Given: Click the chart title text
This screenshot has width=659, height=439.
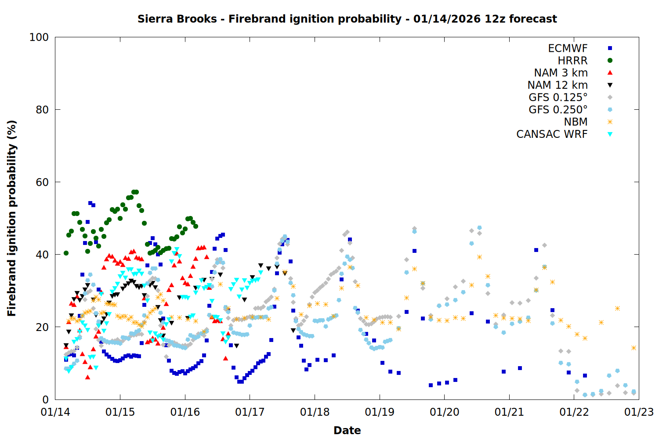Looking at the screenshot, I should click(x=347, y=19).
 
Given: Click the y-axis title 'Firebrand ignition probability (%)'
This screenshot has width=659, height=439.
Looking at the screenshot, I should click(x=12, y=218).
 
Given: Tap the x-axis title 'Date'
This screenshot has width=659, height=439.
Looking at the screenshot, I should click(x=347, y=430).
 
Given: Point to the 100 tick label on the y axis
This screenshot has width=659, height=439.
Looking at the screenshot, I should click(x=39, y=37).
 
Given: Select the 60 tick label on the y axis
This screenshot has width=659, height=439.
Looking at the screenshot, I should click(x=42, y=182).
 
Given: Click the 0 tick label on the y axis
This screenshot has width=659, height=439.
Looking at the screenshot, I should click(x=45, y=399).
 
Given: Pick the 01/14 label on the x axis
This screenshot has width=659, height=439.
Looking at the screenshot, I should click(x=55, y=412).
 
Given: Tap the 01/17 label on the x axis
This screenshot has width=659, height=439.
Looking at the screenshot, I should click(x=250, y=412).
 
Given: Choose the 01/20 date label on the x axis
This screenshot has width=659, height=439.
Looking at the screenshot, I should click(x=445, y=412).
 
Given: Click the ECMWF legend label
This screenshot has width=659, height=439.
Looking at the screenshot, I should click(x=568, y=48).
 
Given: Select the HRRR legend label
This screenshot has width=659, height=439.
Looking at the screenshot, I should click(x=572, y=61).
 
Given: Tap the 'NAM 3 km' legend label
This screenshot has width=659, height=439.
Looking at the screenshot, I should click(x=561, y=73).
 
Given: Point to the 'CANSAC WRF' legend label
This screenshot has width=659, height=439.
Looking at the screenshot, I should click(x=552, y=134).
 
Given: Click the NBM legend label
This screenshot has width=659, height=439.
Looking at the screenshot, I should click(x=576, y=122).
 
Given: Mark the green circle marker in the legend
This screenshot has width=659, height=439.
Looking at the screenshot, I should click(x=610, y=61).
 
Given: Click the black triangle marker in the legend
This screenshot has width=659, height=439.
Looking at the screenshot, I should click(x=610, y=85).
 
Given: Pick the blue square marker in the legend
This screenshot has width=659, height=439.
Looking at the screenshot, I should click(x=610, y=48).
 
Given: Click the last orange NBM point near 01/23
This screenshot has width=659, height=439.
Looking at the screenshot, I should click(x=634, y=348).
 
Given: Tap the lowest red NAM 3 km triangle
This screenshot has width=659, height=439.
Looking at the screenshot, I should click(x=88, y=377).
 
